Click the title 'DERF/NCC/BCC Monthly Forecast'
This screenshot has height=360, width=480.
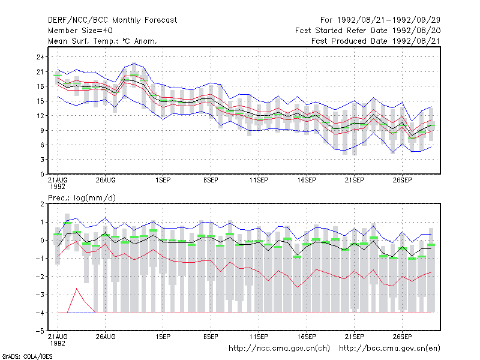(112, 20)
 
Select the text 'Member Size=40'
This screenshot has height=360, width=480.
(80, 31)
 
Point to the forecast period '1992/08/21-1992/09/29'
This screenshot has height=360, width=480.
(388, 20)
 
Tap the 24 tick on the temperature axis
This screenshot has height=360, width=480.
(40, 57)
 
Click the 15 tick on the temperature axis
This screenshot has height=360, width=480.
(40, 101)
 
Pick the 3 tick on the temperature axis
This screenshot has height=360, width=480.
(42, 160)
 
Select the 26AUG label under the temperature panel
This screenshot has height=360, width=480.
(106, 180)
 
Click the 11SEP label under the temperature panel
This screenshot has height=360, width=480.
(259, 180)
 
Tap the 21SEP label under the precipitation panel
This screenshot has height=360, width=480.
(354, 337)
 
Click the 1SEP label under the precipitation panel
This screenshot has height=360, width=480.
(163, 337)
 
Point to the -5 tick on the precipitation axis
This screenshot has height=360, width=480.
(40, 331)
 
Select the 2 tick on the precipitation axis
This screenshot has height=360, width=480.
(42, 204)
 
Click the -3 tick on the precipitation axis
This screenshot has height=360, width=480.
(40, 295)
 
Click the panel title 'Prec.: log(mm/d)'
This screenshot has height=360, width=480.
(82, 198)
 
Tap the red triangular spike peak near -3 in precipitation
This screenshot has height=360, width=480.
(77, 289)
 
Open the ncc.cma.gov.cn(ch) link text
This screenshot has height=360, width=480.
(279, 349)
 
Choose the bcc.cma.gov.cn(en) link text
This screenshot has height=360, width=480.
(389, 349)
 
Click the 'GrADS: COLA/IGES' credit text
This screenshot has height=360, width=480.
(27, 356)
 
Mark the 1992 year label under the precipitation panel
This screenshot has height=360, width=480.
(58, 343)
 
